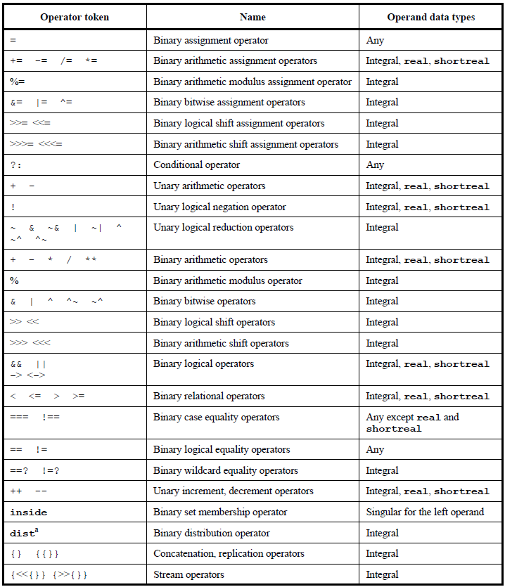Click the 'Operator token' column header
tap(75, 17)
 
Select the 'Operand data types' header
tap(431, 17)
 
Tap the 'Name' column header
tap(252, 17)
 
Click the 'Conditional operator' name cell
tap(196, 165)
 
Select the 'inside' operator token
tap(29, 512)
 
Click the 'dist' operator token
tap(23, 533)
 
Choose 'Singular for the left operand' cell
tap(425, 512)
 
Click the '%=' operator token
tap(17, 82)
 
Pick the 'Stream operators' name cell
tap(188, 575)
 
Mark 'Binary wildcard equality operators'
tap(225, 471)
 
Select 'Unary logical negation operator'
tap(219, 207)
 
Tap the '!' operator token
tap(13, 207)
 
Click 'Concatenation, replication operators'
tap(229, 554)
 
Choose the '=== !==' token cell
tap(34, 418)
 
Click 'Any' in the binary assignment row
tap(375, 41)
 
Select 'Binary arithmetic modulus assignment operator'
tap(252, 82)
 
